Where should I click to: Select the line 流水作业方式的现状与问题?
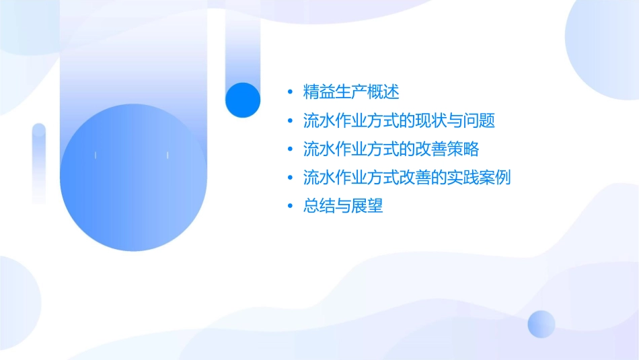[x=400, y=121]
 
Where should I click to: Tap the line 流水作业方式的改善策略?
[x=391, y=149]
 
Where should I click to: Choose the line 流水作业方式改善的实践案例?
[x=408, y=178]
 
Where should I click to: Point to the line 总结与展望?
[x=343, y=206]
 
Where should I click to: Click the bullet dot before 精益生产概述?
[x=290, y=92]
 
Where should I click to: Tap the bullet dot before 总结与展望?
[x=290, y=206]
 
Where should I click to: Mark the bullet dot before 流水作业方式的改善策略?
[x=290, y=149]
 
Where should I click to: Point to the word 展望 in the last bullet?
[x=367, y=206]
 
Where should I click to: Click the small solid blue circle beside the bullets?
[x=242, y=100]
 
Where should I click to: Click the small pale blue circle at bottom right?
[x=541, y=324]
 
